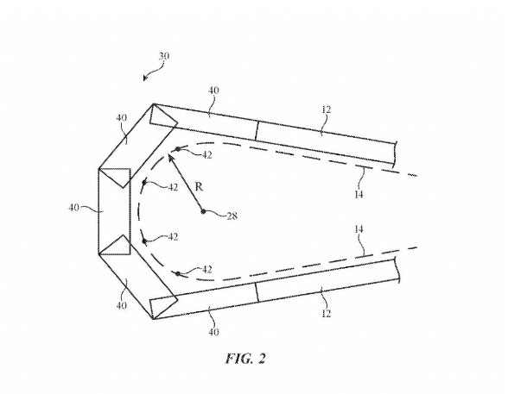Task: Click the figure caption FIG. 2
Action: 245,359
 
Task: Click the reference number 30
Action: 164,56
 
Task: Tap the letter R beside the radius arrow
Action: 199,186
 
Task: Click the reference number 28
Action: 232,216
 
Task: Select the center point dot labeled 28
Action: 203,212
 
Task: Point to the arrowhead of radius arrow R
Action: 170,158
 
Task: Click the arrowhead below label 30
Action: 145,78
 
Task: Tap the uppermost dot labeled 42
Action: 178,149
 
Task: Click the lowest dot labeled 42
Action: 178,274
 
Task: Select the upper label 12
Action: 327,109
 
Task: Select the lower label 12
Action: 327,313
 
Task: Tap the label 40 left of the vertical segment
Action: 74,207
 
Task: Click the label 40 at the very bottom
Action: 213,332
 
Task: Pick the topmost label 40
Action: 213,91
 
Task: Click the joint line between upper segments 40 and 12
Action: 257,130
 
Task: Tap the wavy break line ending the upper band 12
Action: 396,153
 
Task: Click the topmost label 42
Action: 206,155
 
